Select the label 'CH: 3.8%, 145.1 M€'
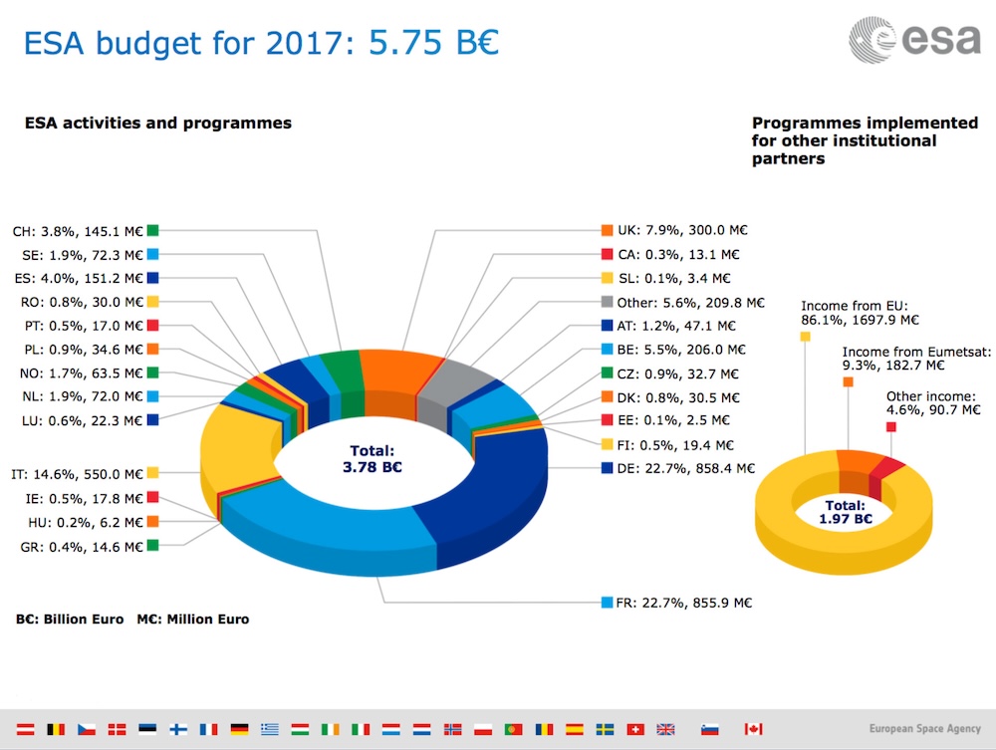point(79,230)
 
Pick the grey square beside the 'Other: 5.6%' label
point(608,302)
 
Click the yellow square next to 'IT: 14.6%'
point(152,473)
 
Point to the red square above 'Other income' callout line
point(890,426)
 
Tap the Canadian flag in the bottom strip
point(754,728)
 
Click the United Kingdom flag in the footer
point(665,728)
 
